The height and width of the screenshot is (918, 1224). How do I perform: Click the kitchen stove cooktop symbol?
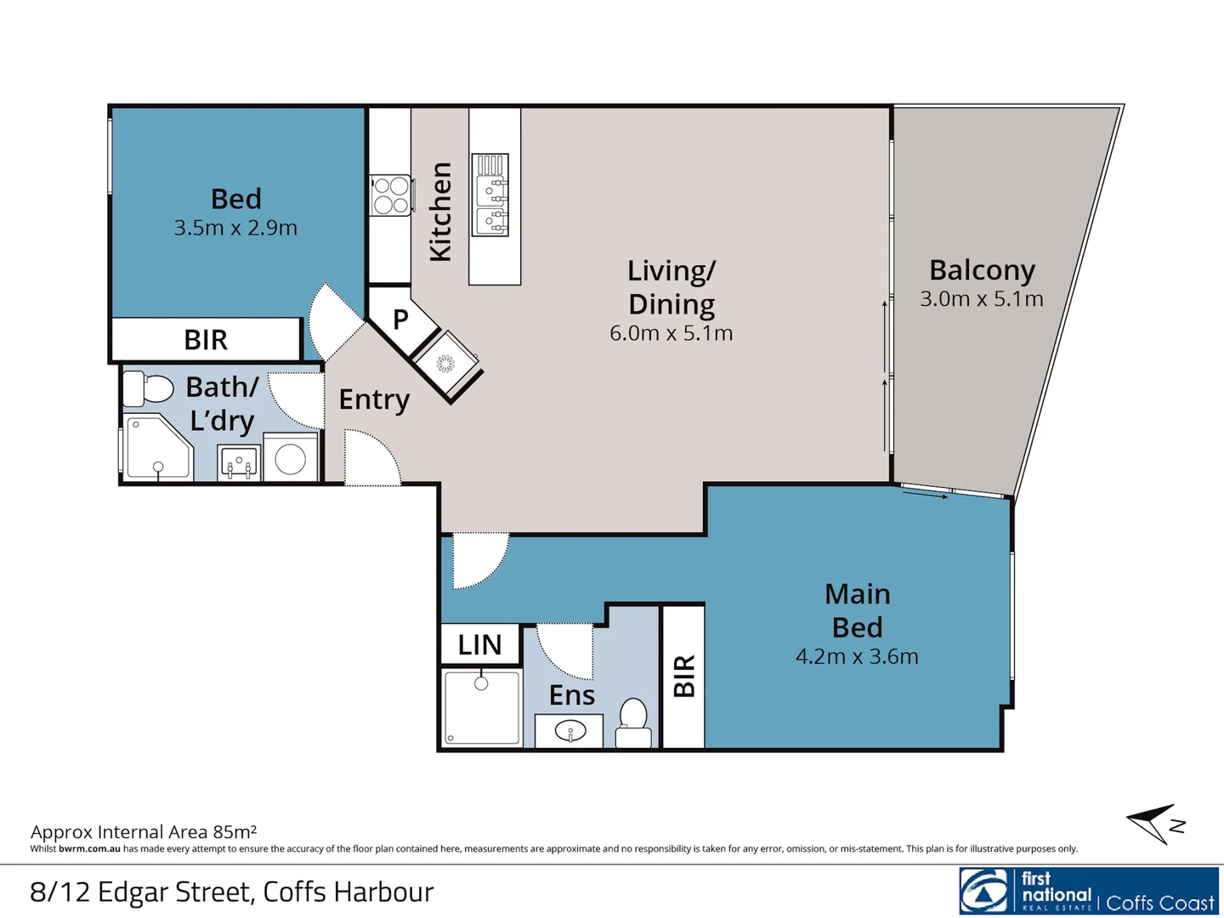tap(391, 195)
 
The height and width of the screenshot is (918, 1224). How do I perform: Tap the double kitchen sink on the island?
tap(490, 195)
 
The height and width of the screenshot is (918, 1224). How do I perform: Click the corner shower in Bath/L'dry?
tap(157, 448)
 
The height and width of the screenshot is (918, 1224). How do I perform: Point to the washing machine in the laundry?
tap(290, 459)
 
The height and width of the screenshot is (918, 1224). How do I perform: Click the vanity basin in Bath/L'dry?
tap(239, 463)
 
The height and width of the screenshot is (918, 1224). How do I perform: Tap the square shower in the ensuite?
tap(481, 707)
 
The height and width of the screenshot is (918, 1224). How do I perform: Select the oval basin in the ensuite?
tap(569, 730)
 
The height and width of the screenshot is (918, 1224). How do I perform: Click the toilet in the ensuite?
tap(633, 722)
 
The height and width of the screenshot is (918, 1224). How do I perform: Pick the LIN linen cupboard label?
tap(479, 645)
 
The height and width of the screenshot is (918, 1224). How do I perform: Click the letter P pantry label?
tap(400, 320)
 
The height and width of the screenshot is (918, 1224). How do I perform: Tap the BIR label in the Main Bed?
tap(684, 676)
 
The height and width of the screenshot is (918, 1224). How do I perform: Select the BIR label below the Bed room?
tap(206, 340)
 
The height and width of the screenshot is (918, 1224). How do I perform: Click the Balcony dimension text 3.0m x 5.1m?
tap(982, 299)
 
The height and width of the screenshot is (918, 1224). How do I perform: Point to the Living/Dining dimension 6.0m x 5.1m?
tap(671, 333)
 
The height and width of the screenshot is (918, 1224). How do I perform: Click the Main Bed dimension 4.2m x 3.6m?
tap(857, 657)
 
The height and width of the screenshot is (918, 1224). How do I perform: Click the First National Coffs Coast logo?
tap(1089, 891)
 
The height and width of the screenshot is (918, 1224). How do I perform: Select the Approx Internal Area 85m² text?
tap(144, 831)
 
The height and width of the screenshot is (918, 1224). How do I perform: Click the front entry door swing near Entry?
tap(371, 459)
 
